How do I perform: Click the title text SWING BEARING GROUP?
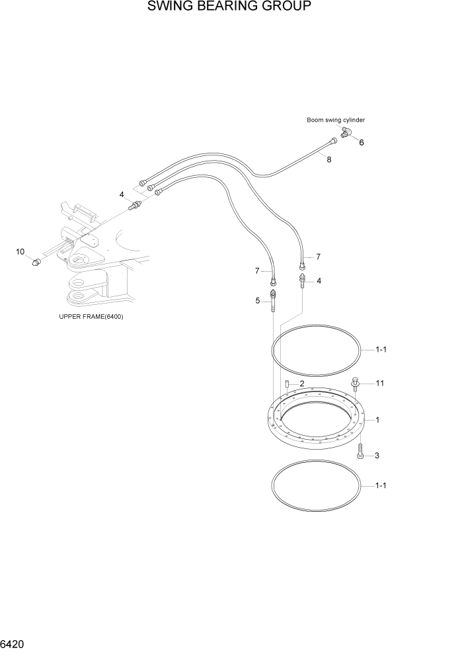[229, 7]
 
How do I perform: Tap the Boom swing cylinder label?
[335, 120]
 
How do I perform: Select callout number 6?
[361, 142]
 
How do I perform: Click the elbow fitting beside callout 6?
[346, 135]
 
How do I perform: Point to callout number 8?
[329, 160]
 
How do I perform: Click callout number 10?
[20, 251]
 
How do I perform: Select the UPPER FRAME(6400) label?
[91, 317]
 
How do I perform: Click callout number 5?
[258, 301]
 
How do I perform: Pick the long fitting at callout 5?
[272, 303]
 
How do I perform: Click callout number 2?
[301, 384]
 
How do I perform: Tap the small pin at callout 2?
[288, 384]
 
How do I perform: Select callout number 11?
[380, 383]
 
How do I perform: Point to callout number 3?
[377, 456]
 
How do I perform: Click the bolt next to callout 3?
[360, 452]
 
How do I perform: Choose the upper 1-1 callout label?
[381, 350]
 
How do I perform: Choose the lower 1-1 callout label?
[381, 486]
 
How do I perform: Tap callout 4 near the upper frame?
[122, 194]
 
